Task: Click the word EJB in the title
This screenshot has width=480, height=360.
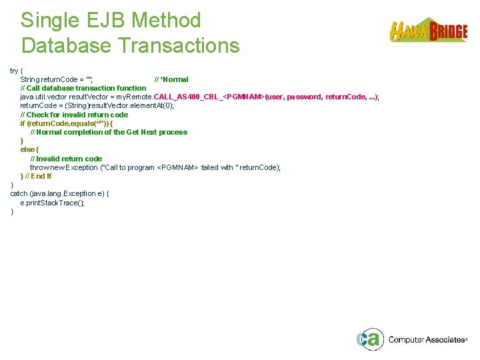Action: pos(104,21)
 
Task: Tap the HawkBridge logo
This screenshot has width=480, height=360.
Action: pos(428,31)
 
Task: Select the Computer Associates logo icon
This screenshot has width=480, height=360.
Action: pos(369,339)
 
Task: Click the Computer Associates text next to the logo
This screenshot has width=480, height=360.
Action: pos(427,340)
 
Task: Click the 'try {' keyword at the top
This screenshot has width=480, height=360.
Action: pos(17,71)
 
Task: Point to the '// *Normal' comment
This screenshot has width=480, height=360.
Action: pos(171,79)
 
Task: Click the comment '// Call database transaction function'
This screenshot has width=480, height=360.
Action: pos(83,88)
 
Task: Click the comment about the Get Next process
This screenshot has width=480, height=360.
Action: pos(109,132)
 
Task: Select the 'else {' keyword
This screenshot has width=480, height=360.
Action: pos(29,150)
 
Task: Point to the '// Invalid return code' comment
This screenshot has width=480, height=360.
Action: pos(66,159)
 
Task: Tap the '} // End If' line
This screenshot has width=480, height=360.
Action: pos(36,176)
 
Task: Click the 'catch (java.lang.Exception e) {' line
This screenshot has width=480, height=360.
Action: pos(59,193)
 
